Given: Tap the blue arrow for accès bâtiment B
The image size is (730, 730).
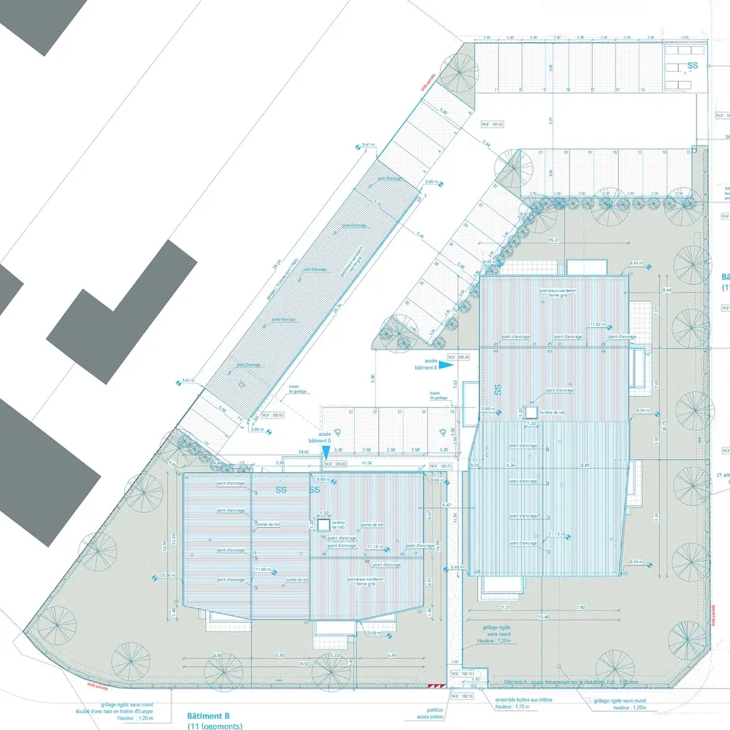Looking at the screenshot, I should [326, 453].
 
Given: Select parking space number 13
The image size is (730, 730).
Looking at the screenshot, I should [642, 90].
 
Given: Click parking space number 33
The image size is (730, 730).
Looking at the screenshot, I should [351, 412].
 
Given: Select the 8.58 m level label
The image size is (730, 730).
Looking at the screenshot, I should [372, 633].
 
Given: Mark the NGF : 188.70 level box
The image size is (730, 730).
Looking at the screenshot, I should [441, 465].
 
